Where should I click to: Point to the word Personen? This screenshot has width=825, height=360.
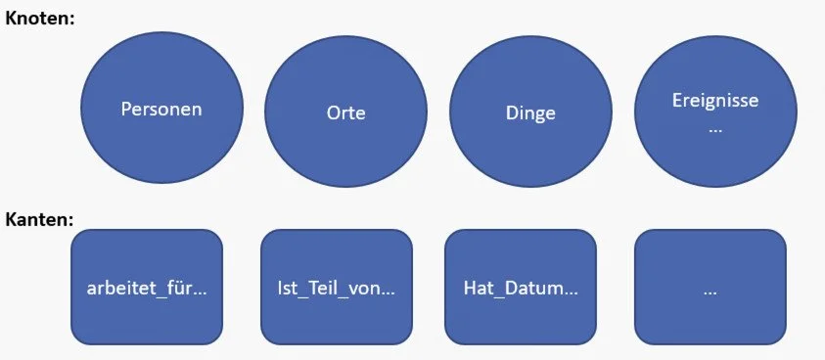point(161,109)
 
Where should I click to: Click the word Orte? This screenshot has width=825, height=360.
point(345,112)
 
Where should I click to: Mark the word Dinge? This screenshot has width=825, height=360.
point(530,112)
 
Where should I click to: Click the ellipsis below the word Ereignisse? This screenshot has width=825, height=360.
point(715,127)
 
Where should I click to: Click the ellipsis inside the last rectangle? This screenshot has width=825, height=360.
point(710,291)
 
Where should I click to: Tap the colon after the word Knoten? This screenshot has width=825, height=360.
point(72,19)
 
